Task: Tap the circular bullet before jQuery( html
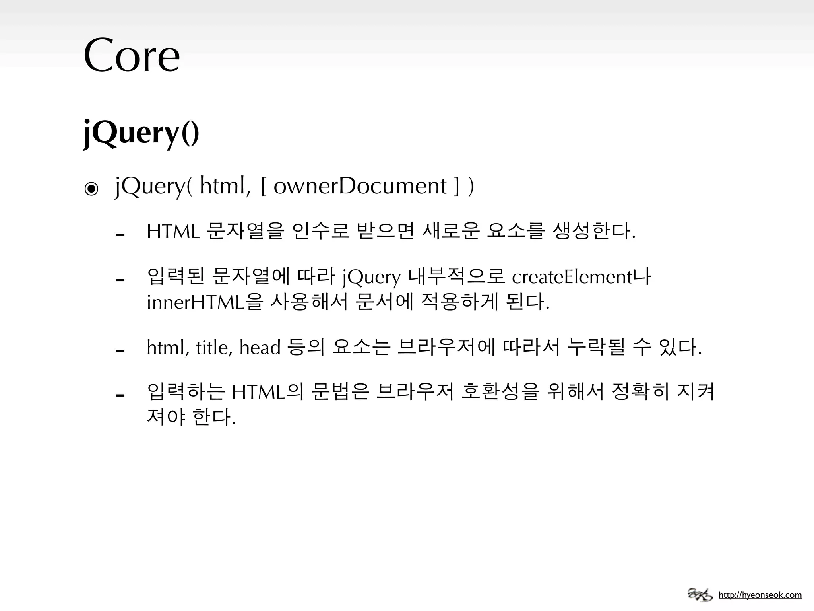[91, 189]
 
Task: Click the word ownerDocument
[360, 186]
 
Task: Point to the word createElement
[572, 277]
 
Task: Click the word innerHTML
[195, 303]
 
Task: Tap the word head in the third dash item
[260, 347]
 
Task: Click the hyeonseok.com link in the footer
[760, 595]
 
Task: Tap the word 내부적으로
[457, 277]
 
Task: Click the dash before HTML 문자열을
[120, 235]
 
